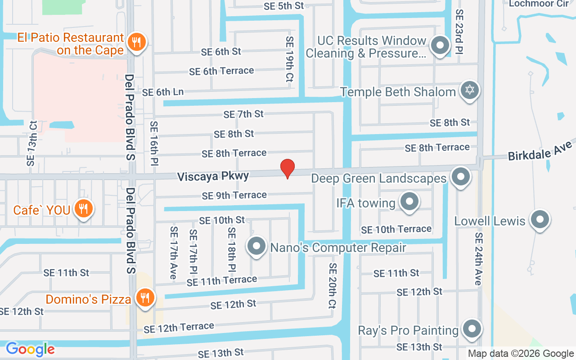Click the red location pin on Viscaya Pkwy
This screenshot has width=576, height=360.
point(288,168)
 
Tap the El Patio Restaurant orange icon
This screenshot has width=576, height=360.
point(136,43)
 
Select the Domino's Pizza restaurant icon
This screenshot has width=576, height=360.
point(145,298)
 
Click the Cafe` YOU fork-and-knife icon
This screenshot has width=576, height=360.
point(83,209)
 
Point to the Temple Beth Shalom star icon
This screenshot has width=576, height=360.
point(469,90)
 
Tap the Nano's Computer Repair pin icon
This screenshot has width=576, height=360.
point(257,246)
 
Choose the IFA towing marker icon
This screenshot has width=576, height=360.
point(409,202)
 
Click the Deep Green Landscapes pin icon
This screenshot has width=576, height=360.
point(460,177)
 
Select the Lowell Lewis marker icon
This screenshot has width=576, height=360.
point(539,220)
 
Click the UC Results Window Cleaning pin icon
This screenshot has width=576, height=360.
point(440,45)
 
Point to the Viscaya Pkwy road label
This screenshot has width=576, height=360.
point(213,176)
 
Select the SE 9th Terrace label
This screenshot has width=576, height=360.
point(234,195)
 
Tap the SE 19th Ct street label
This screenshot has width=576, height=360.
point(289,59)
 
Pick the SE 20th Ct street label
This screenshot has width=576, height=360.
point(333,285)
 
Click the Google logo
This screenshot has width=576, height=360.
point(30,349)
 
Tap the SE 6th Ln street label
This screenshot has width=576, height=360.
point(163,92)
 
